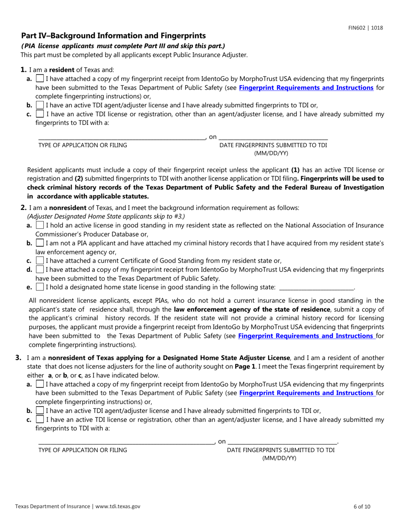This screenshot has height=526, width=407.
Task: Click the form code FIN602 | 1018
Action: point(365,28)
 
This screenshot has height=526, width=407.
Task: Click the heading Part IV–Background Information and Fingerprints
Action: point(114,36)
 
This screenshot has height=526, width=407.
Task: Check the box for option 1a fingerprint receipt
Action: point(40,79)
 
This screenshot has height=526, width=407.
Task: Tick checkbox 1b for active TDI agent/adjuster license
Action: point(40,105)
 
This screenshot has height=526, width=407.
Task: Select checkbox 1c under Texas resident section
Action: point(40,114)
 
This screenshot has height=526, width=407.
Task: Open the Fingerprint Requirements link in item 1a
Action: point(306,88)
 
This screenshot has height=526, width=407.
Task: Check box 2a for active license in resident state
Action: point(40,225)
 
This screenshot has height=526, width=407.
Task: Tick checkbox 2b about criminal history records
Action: point(40,243)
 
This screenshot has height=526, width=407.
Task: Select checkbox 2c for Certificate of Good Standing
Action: point(40,260)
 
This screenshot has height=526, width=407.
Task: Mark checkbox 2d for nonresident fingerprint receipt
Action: point(40,269)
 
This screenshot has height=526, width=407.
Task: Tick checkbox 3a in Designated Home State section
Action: point(40,384)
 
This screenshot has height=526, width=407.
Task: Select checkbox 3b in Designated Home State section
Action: point(40,411)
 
